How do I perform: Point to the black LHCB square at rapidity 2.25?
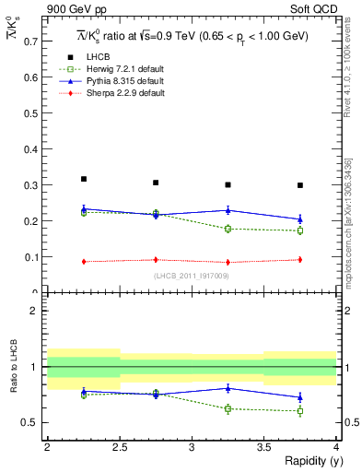[x=84, y=179]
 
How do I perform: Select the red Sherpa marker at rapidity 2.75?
[x=156, y=260]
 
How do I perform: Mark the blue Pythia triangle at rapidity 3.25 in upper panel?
[x=228, y=210]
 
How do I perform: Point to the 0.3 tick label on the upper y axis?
[x=32, y=185]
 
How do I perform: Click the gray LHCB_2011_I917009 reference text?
[x=192, y=277]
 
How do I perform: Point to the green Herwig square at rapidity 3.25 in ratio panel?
[x=228, y=408]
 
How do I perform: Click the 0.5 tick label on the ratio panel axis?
[x=32, y=423]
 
